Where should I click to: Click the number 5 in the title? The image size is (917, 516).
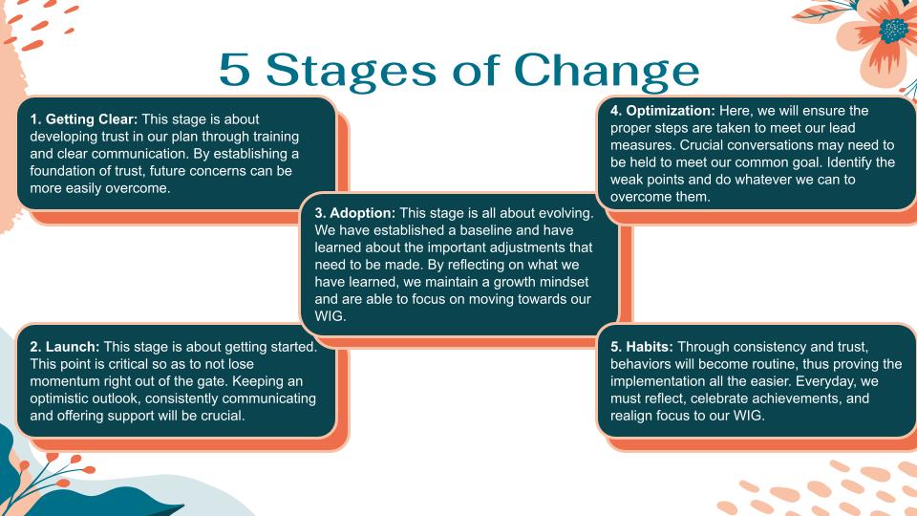[235, 70]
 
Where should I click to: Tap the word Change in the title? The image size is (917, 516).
[607, 72]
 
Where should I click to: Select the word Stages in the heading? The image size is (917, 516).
[352, 72]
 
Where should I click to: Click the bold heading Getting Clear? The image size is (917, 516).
[92, 119]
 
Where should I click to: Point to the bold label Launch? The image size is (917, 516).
[73, 347]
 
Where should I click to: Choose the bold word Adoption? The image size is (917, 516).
[363, 213]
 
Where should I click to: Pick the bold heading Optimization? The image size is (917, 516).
[671, 111]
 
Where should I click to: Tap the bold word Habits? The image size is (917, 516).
[650, 347]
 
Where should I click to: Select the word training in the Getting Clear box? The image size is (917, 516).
[276, 137]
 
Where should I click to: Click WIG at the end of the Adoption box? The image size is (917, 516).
[330, 316]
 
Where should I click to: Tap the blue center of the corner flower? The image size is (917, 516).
[894, 30]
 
